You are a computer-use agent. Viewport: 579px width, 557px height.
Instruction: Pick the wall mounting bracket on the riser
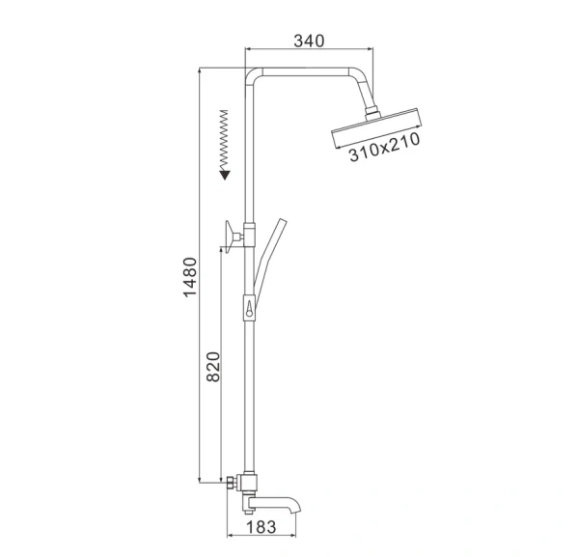point(234,234)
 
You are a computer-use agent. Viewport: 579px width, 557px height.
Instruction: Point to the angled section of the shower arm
point(363,93)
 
